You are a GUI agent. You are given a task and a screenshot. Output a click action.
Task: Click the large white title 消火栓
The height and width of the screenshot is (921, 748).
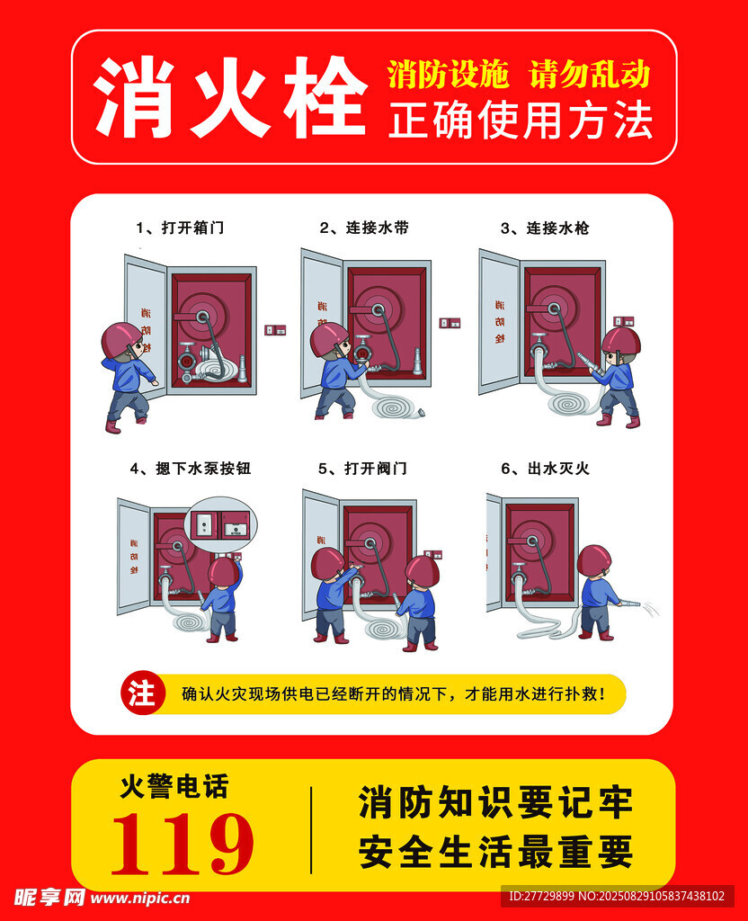click(230, 97)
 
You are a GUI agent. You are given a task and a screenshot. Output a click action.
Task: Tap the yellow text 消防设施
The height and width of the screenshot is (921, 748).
click(448, 75)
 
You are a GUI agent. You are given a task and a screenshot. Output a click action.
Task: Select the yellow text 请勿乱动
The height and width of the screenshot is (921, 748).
click(590, 75)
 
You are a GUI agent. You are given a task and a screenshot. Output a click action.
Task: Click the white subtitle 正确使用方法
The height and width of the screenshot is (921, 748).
click(521, 121)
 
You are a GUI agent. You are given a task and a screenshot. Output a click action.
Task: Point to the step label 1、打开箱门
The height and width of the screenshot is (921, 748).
click(180, 228)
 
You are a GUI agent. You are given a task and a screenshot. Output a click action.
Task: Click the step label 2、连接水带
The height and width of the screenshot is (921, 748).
click(364, 228)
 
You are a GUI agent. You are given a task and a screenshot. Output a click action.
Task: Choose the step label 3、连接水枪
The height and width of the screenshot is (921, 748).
click(544, 228)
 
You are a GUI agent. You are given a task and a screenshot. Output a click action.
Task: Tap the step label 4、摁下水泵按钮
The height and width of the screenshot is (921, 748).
click(191, 468)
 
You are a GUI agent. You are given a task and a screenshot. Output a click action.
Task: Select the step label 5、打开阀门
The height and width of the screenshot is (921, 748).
click(362, 468)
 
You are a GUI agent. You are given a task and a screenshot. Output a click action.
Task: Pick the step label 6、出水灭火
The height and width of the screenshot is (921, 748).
click(545, 468)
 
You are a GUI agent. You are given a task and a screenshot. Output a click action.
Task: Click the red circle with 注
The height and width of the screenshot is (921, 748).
click(142, 693)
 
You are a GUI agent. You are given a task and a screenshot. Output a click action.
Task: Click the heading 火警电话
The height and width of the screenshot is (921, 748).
click(174, 786)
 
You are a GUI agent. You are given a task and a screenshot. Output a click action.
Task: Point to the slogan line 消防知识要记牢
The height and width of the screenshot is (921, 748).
click(495, 803)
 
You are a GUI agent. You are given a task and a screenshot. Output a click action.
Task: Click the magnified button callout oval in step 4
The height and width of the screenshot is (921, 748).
click(221, 523)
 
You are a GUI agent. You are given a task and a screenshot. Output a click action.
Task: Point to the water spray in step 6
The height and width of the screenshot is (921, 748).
click(649, 609)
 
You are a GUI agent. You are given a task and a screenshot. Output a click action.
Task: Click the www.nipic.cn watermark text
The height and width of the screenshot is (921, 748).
click(140, 899)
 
